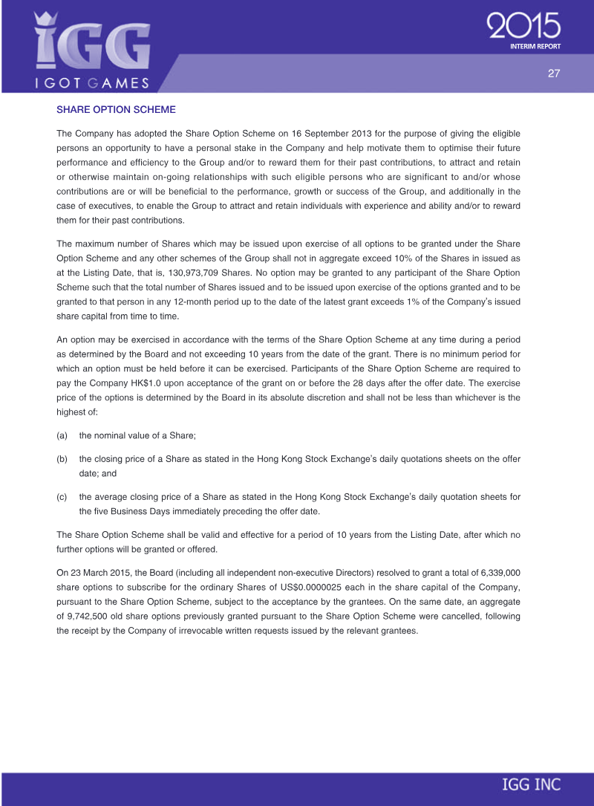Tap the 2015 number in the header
(523, 27)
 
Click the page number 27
(553, 73)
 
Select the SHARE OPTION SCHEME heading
(116, 110)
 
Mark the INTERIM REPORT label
(535, 46)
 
